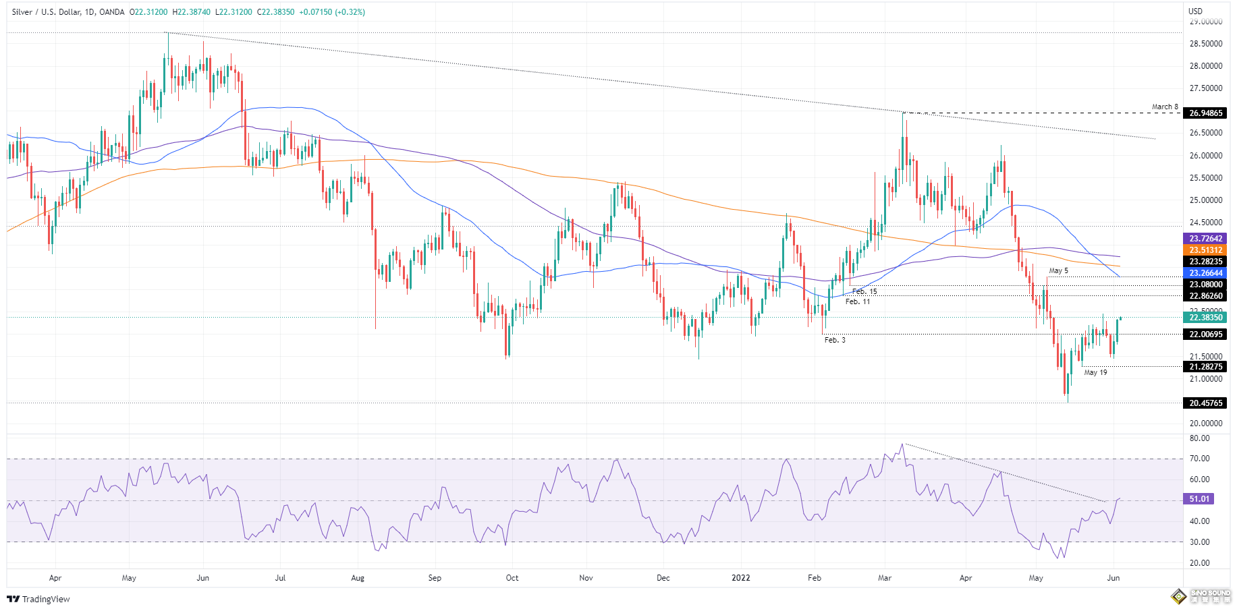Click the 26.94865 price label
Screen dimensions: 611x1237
click(1205, 113)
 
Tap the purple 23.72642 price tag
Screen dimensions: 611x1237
click(1205, 239)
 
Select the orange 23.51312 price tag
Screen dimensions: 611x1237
click(1205, 250)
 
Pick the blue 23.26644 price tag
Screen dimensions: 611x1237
click(1205, 273)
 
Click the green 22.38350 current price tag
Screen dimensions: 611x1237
click(1205, 318)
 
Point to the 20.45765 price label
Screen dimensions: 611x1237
click(1205, 403)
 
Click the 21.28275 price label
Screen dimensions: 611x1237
click(1205, 367)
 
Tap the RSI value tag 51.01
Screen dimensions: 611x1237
click(1199, 499)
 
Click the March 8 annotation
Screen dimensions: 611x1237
click(1165, 107)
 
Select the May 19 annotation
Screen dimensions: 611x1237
click(1095, 372)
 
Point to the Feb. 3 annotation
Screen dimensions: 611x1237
click(835, 340)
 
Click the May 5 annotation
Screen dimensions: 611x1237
click(1058, 270)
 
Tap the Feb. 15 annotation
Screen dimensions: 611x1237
click(864, 292)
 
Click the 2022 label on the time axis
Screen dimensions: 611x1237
click(741, 578)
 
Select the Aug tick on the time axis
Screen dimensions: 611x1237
click(358, 578)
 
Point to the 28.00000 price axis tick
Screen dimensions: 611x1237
click(1205, 66)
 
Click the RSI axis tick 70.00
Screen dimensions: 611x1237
click(1199, 459)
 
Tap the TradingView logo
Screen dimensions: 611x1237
click(38, 599)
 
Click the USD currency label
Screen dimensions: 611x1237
click(1195, 11)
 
